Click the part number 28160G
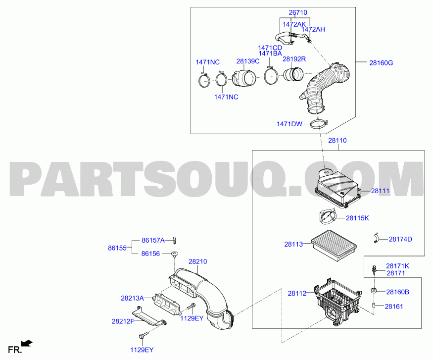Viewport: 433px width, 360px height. pos(381,63)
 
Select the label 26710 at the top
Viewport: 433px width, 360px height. pos(298,12)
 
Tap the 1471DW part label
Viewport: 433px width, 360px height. pos(289,124)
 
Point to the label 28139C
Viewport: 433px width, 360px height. pos(248,61)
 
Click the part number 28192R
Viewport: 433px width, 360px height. pos(294,59)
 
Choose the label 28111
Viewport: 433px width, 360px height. pos(381,191)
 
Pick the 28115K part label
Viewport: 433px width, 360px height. pos(357,217)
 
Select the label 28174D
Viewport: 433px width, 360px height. pos(400,239)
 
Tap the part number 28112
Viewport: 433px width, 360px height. pos(297,293)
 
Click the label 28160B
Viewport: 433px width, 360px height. pos(398,292)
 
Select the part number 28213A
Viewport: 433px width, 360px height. pos(132,298)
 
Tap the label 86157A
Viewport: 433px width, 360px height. pos(153,240)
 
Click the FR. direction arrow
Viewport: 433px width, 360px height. pos(28,343)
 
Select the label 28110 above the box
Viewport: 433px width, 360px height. pos(338,141)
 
